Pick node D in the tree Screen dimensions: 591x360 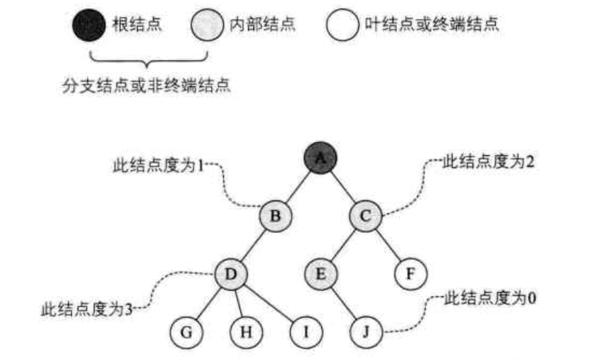click(x=232, y=272)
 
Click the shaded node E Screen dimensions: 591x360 click(x=321, y=272)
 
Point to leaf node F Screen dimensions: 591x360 click(x=410, y=272)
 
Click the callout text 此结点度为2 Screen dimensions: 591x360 click(x=488, y=162)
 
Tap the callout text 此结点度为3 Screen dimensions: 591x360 click(x=87, y=308)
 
